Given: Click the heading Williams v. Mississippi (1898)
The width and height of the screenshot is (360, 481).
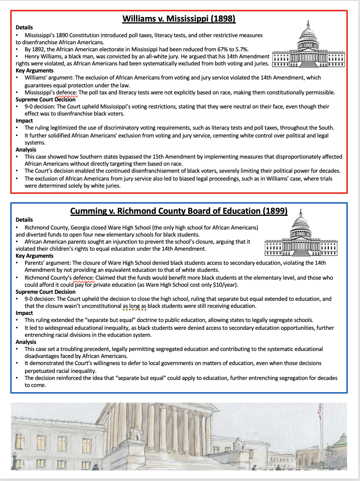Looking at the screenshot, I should pos(179,19).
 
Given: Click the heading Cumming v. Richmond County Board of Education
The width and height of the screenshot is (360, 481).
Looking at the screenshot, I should pos(179,211).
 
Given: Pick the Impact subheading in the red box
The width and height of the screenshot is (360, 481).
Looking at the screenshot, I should pos(24,121).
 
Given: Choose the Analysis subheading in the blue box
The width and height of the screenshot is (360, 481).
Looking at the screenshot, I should pos(26,342).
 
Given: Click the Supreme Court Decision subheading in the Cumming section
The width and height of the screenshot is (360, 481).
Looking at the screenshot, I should pos(45,292).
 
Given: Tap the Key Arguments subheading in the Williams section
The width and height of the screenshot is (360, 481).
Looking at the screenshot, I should pos(34,71).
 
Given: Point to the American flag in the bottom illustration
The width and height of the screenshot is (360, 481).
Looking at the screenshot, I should pos(320,411).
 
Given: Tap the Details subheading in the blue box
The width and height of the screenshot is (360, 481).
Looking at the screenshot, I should pos(24,220).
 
